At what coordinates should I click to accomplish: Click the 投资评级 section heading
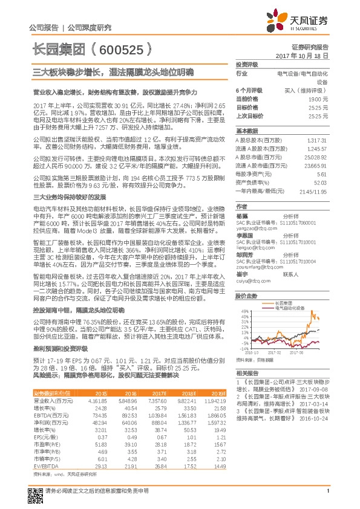click(x=247, y=63)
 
